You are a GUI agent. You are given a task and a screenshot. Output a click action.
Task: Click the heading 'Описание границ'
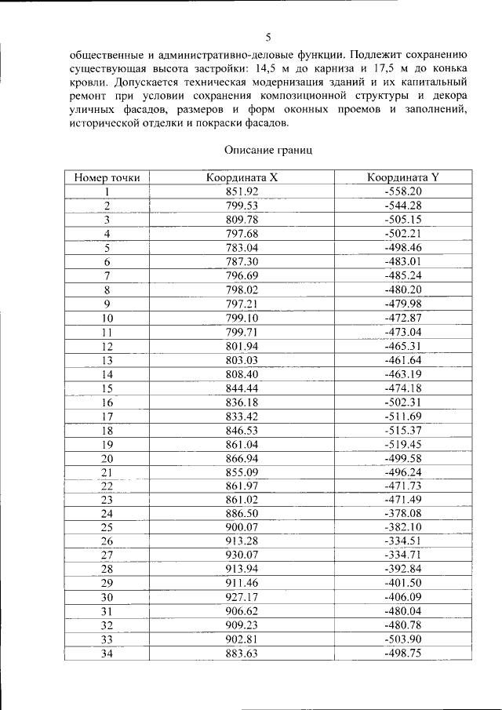tap(268, 150)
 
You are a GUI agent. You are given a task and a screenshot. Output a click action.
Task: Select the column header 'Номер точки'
tap(107, 177)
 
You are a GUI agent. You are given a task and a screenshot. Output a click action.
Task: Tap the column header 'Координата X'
tap(242, 177)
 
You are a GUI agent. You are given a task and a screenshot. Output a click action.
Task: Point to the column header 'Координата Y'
tap(403, 177)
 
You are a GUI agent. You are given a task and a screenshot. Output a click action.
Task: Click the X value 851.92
tap(242, 191)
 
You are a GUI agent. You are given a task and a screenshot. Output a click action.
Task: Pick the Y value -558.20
tap(403, 191)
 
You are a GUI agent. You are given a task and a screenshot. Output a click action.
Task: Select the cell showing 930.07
tap(242, 555)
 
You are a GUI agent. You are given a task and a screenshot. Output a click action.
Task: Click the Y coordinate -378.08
tap(403, 512)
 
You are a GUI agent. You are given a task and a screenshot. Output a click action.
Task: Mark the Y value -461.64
tap(403, 359)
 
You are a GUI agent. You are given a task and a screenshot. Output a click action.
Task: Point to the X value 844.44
tap(242, 388)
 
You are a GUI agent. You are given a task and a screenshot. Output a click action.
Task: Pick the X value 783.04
tap(242, 247)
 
